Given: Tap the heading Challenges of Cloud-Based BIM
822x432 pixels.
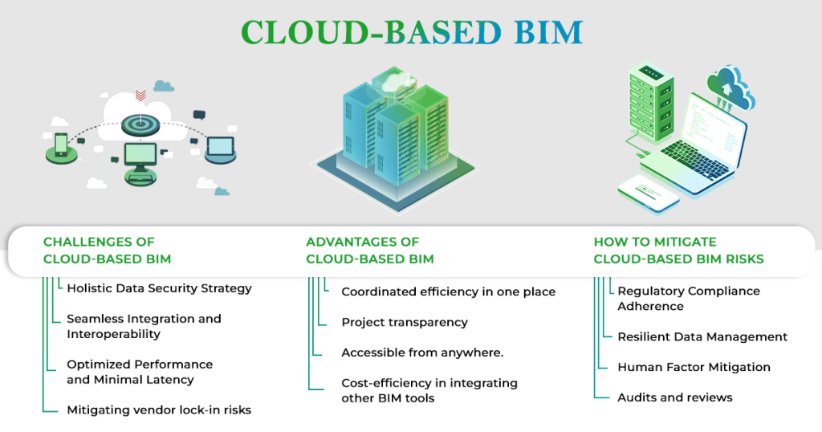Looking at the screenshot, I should pos(107,251).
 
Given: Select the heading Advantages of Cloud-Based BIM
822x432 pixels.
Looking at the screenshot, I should pos(370,251).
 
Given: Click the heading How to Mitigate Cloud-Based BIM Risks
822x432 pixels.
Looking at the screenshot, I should pos(678,251).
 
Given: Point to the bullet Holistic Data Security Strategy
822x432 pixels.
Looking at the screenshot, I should pos(159,288).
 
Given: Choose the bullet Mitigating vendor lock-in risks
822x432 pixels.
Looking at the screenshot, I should pos(159,410).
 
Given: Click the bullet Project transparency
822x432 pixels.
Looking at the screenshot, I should pos(405,322).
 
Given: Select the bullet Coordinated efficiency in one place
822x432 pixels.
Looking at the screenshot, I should pos(448,291).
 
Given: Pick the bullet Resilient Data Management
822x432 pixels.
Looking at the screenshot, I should pos(702,336).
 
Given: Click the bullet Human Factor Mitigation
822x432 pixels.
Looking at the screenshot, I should pos(694,367).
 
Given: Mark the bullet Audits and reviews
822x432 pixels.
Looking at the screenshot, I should pos(675,397).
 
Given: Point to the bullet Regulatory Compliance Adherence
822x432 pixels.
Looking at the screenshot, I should pos(689,299).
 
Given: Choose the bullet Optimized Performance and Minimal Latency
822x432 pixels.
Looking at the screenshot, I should pos(140,372).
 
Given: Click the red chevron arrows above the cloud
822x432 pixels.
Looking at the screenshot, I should pos(140,96).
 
